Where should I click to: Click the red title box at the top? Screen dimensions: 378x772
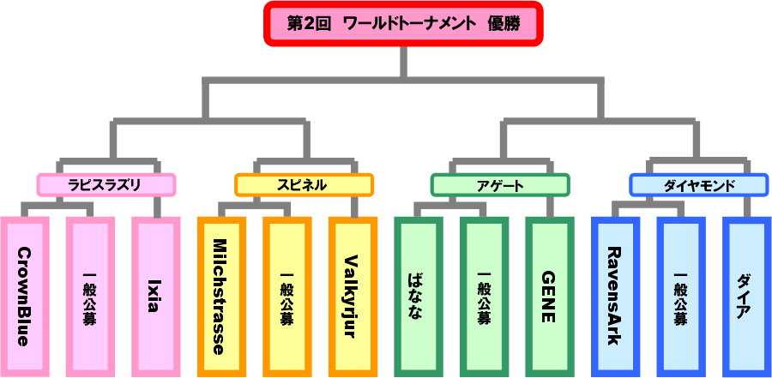(x=402, y=25)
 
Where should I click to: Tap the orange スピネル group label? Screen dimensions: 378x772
(x=305, y=184)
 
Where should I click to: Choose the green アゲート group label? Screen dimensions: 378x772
(x=500, y=184)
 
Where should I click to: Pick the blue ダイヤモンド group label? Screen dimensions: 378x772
(x=698, y=184)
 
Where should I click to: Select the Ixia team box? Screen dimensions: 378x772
(x=155, y=297)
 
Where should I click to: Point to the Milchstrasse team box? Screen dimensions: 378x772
(x=221, y=297)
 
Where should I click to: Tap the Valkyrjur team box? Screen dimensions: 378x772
(x=352, y=297)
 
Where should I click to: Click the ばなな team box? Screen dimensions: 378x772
(x=418, y=297)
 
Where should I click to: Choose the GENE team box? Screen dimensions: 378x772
(x=549, y=297)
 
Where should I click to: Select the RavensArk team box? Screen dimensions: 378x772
(x=615, y=297)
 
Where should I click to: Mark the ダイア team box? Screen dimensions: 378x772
(x=745, y=297)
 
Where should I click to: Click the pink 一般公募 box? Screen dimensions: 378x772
(x=90, y=297)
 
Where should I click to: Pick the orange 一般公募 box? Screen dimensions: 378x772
(x=286, y=297)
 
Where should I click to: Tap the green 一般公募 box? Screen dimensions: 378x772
(x=484, y=297)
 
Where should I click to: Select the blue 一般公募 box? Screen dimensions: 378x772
(x=680, y=297)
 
